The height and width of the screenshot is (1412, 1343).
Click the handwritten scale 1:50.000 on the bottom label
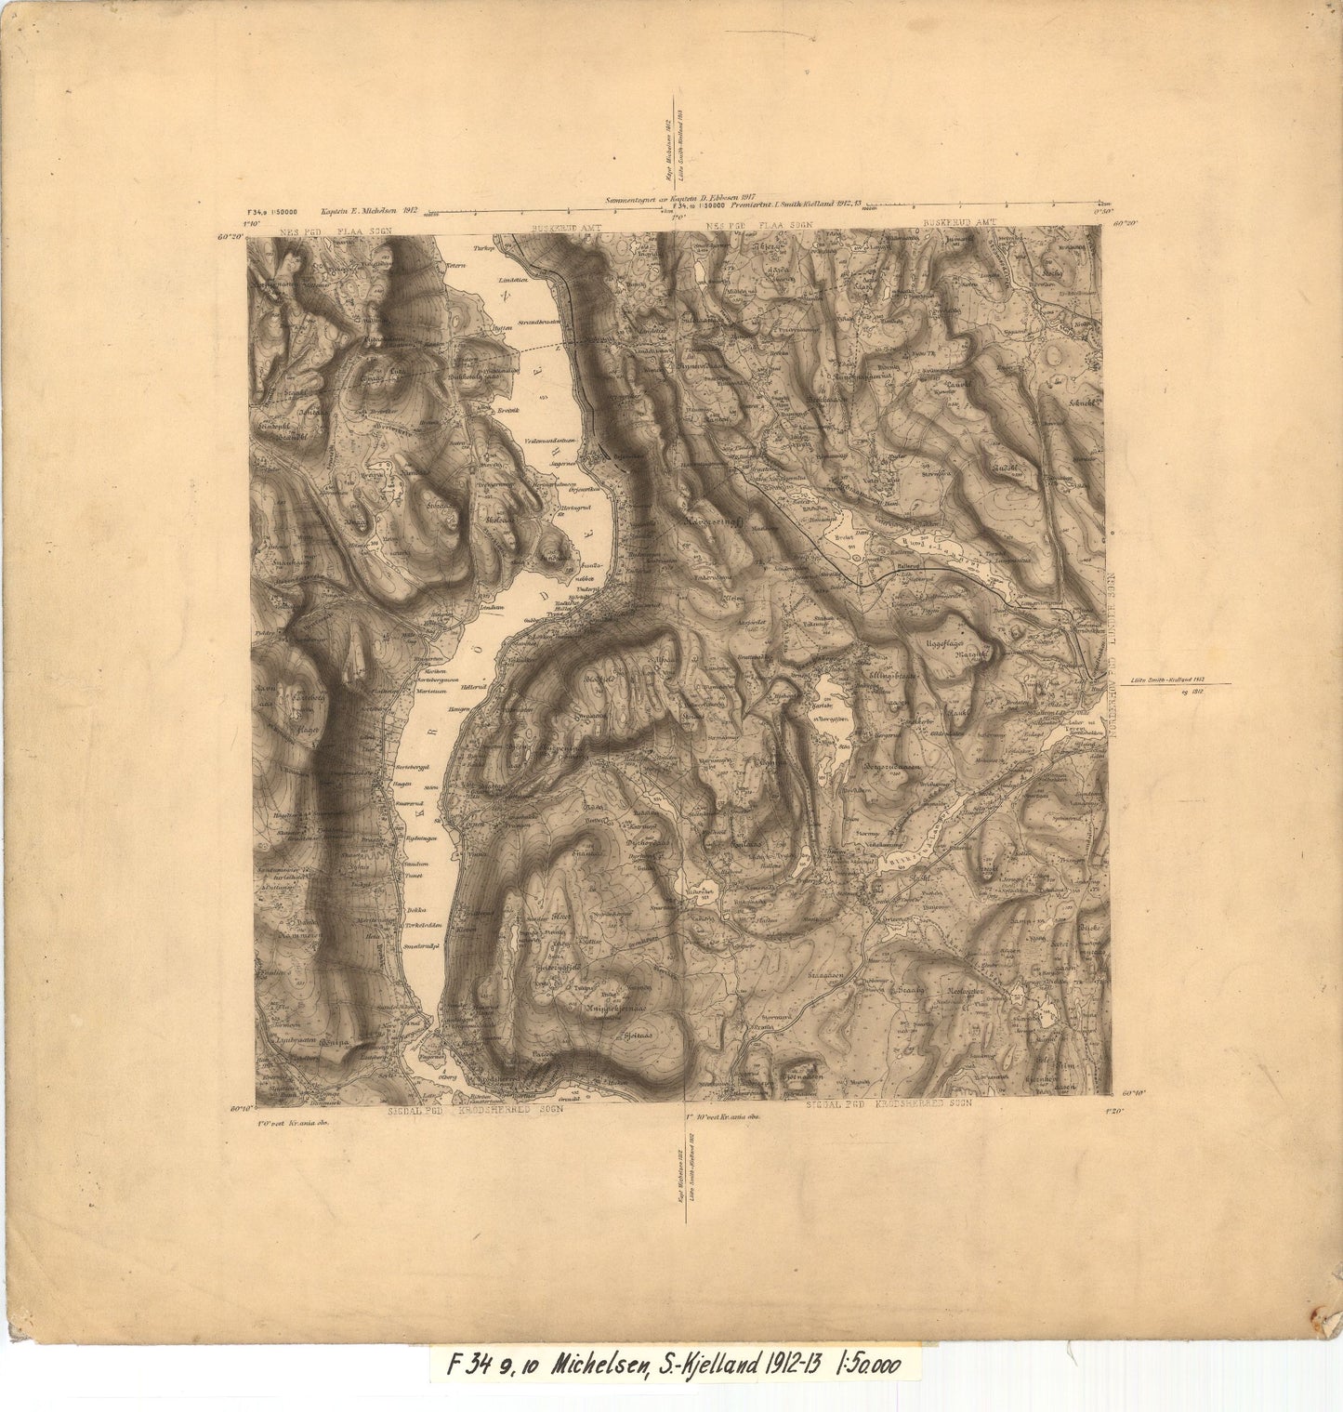tap(870, 1365)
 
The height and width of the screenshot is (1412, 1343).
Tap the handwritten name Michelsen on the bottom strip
tap(600, 1365)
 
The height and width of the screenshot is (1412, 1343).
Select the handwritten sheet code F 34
tap(470, 1365)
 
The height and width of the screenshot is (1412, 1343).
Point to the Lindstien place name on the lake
tap(513, 280)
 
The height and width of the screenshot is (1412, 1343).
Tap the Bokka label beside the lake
tap(415, 911)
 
